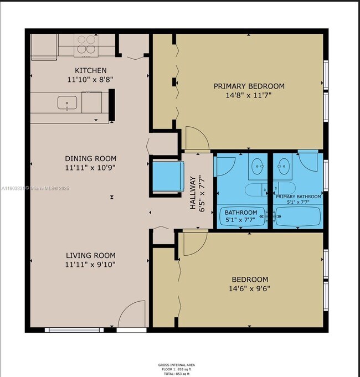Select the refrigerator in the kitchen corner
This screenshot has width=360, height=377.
pos(44,47)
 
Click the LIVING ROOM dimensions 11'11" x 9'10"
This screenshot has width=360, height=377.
pos(91,264)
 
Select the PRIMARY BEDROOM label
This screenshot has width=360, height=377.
pos(249,86)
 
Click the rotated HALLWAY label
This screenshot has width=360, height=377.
pos(193,193)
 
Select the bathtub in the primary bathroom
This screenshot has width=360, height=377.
pos(297,217)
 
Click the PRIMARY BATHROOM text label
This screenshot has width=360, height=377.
pos(299,197)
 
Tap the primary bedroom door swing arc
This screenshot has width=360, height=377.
pos(196,138)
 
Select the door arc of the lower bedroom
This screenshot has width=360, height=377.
pos(193,244)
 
